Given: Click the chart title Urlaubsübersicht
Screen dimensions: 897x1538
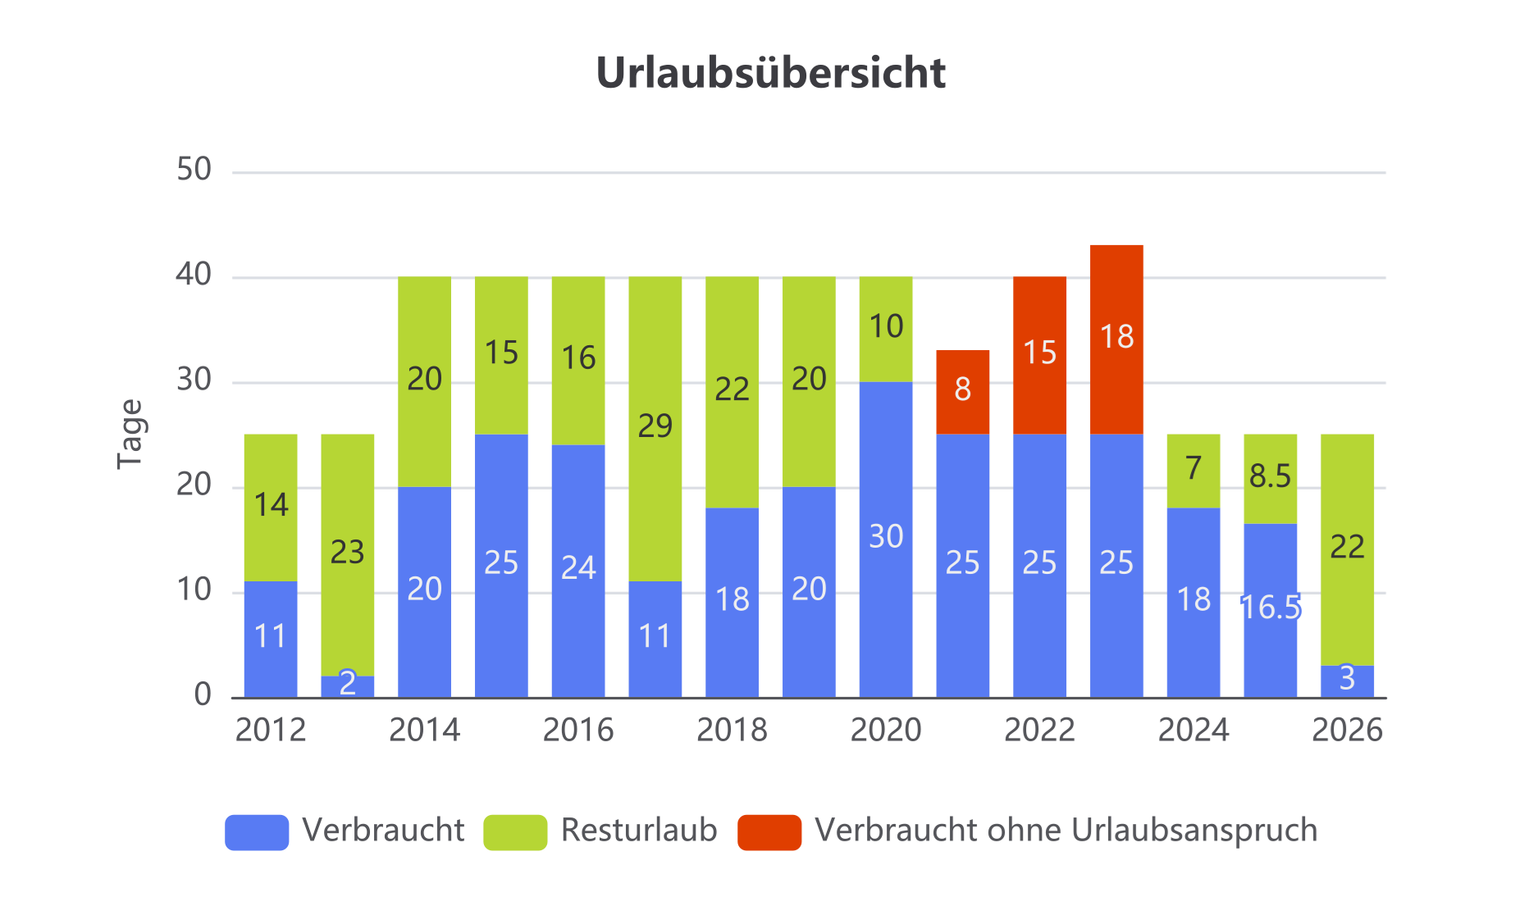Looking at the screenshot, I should [x=771, y=73].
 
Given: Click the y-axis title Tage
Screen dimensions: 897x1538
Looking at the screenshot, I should [x=130, y=434].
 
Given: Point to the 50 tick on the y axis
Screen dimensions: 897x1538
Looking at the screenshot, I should [x=194, y=170].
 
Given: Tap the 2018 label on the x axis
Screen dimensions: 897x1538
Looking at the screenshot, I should [x=732, y=730].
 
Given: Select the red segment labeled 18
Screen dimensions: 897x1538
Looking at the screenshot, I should [x=1116, y=339].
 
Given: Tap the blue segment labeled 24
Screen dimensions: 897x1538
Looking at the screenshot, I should [x=578, y=570].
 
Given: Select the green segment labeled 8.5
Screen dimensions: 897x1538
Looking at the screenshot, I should [x=1271, y=478].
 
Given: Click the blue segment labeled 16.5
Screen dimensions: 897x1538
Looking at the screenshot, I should [x=1271, y=609].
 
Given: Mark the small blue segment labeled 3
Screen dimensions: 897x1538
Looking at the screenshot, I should [x=1347, y=680].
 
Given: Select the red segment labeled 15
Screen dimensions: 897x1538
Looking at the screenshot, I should [x=1039, y=355].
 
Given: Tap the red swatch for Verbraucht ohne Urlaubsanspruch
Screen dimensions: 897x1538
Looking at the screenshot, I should [x=769, y=832].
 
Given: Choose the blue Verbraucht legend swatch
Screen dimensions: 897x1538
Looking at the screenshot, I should [x=257, y=832].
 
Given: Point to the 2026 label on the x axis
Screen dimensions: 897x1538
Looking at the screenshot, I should [x=1346, y=730].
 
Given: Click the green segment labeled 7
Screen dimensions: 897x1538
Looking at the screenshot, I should [x=1193, y=470].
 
